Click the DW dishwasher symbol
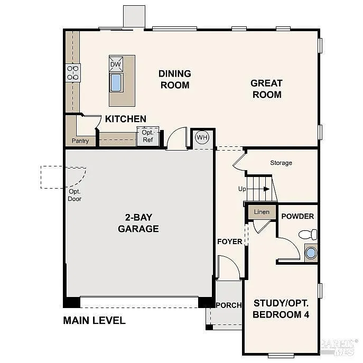point(116,64)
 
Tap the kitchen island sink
point(116,82)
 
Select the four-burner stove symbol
point(72,72)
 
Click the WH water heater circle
point(202,137)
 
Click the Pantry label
point(81,141)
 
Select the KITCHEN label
point(125,119)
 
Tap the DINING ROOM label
point(174,79)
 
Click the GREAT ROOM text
point(266,89)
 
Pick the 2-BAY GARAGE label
point(138,224)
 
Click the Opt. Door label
point(75,195)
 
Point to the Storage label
point(281,163)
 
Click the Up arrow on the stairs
point(259,189)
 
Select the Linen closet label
point(262,212)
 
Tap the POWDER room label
point(297,216)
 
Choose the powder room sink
point(311,253)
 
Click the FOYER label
point(229,241)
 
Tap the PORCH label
point(228,305)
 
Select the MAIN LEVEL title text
point(94,320)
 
